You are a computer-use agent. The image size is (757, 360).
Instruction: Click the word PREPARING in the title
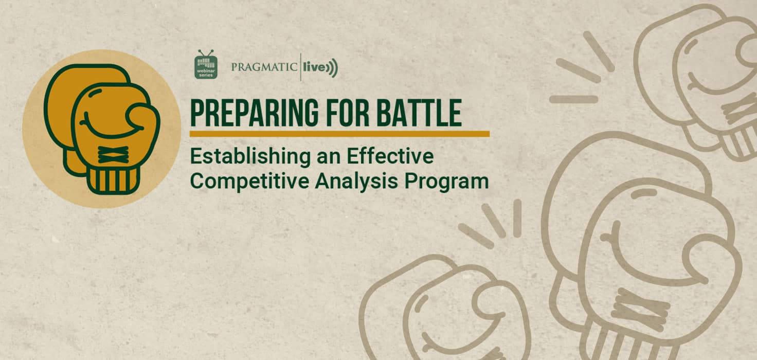[254, 113]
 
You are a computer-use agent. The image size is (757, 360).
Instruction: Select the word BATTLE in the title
[420, 113]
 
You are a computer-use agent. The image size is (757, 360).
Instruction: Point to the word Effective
[390, 156]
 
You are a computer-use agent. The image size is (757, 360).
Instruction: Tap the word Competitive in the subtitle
[250, 182]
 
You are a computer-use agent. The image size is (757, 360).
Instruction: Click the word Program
[446, 182]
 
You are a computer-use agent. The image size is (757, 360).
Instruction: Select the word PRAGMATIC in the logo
[264, 67]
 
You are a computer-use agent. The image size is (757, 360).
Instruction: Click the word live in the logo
[314, 67]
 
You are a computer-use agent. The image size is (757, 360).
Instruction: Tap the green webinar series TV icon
[206, 64]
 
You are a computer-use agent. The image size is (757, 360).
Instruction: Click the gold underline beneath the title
[339, 134]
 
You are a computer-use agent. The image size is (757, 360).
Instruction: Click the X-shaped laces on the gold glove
[113, 155]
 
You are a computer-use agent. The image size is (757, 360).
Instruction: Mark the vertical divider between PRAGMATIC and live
[300, 67]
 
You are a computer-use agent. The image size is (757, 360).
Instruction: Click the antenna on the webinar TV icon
[206, 53]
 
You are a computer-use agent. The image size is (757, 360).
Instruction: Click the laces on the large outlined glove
[640, 310]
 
